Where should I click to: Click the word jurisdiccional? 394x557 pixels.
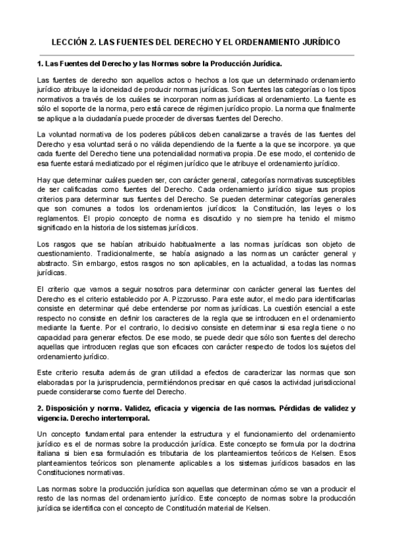(328, 382)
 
